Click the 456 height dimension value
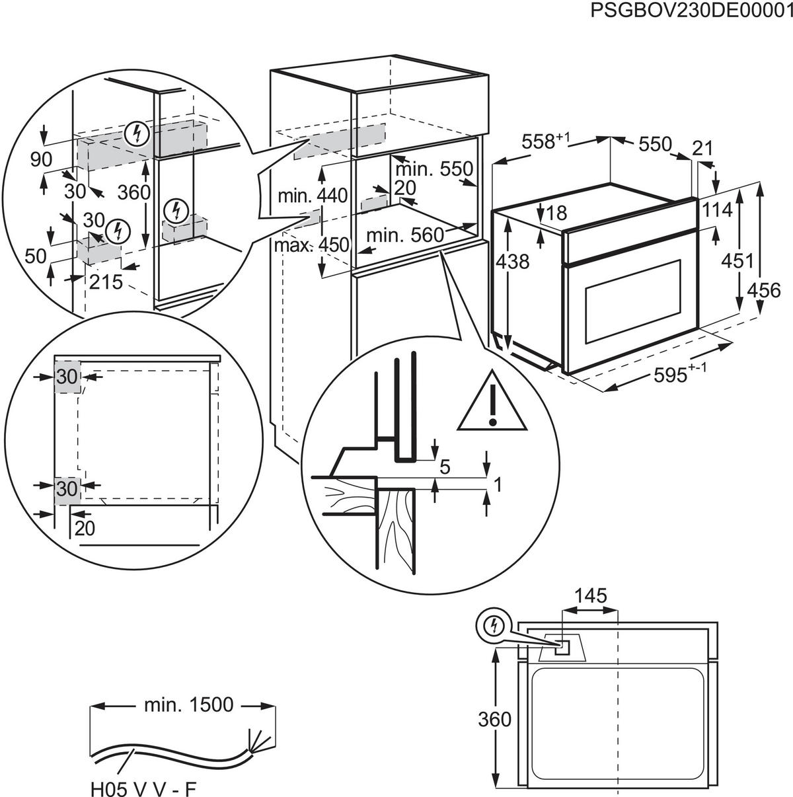click(764, 289)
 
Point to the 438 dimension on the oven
click(513, 262)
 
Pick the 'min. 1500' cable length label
click(188, 705)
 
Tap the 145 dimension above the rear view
click(589, 596)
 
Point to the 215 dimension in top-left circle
click(106, 282)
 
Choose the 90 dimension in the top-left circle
click(42, 159)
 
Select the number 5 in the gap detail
click(444, 467)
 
